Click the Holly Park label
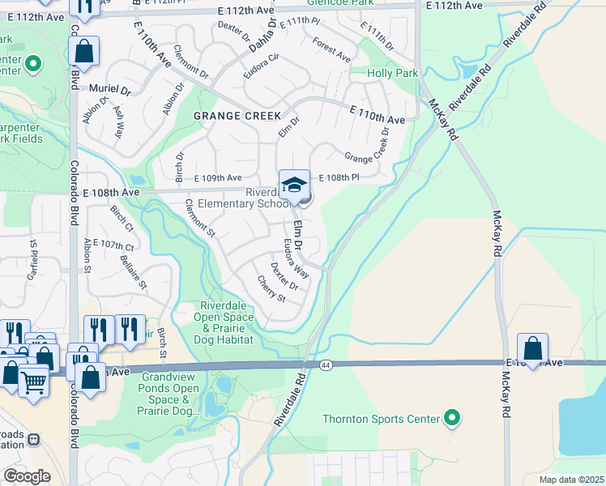point(392,73)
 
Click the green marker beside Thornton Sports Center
point(453,419)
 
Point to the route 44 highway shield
point(325,365)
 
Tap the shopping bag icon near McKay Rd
point(533,348)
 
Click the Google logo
point(27,476)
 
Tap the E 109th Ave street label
point(218,178)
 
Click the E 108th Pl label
point(338,177)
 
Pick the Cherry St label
point(271,288)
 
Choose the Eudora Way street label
point(296,257)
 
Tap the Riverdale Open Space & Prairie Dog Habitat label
point(228,323)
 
